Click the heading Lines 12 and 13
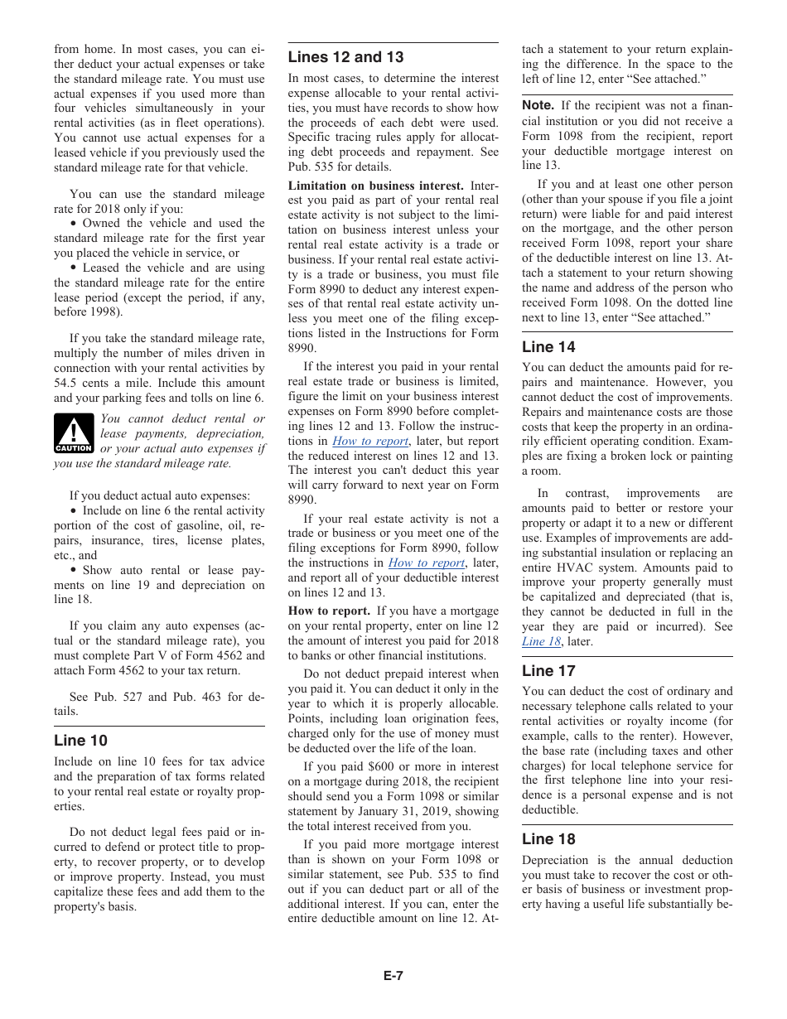coord(345,57)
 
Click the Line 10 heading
coord(80,741)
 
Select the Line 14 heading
coord(548,347)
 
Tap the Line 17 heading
coord(548,671)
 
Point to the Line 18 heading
coord(548,839)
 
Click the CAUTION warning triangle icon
coord(74,433)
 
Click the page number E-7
coord(393,976)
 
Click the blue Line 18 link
coord(541,641)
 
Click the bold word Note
coord(538,105)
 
